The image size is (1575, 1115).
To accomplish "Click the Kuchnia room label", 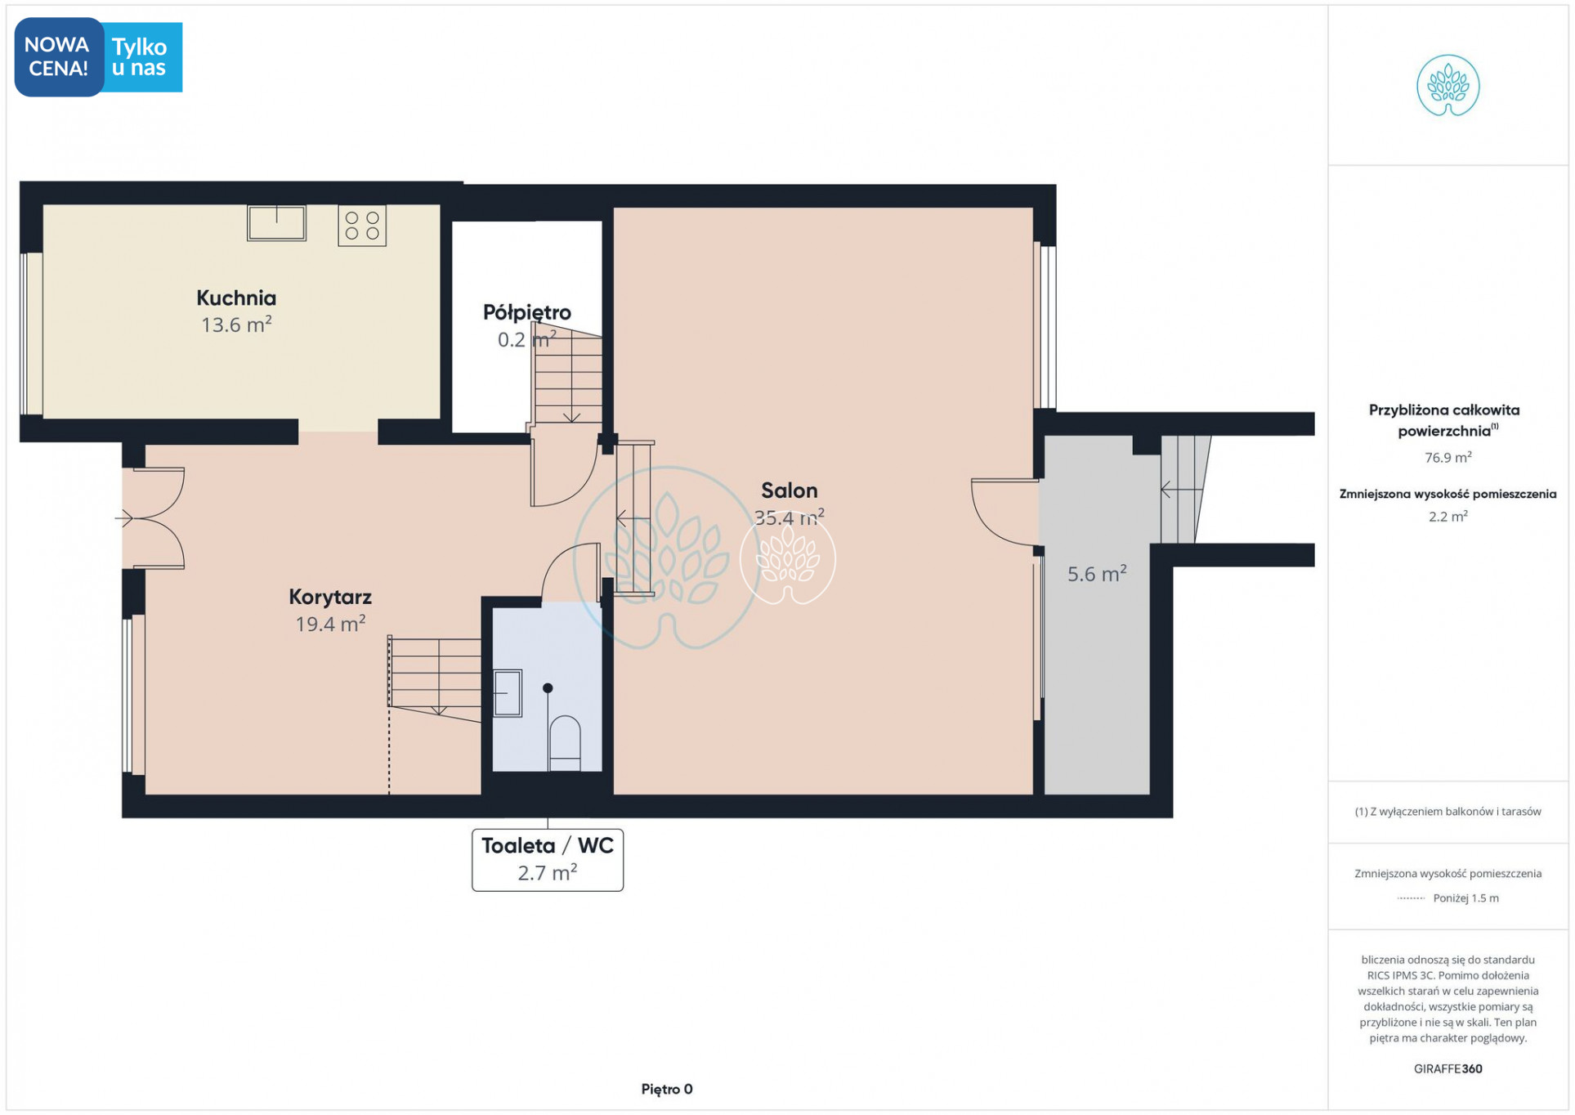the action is click(x=236, y=298).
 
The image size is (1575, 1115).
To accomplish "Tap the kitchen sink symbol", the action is click(x=276, y=222).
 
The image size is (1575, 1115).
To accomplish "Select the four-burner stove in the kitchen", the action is click(x=362, y=226).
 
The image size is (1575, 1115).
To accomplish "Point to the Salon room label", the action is click(x=789, y=490).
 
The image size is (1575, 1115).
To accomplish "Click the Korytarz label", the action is click(x=330, y=597).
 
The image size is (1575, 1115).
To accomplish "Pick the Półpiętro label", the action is click(x=527, y=312).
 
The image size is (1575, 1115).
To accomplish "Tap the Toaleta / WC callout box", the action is click(x=548, y=860).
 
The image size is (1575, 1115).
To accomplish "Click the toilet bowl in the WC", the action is click(x=565, y=743).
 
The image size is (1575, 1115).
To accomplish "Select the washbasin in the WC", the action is click(x=508, y=693).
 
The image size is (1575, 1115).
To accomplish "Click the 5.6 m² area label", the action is click(x=1097, y=573).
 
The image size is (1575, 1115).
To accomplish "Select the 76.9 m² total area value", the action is click(x=1447, y=458).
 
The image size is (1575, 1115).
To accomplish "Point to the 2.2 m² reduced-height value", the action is click(x=1447, y=517).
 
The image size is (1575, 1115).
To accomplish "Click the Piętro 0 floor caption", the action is click(x=667, y=1089).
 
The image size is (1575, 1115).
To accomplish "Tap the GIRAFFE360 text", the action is click(x=1447, y=1068).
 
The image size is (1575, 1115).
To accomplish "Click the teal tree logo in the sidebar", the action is click(x=1447, y=86).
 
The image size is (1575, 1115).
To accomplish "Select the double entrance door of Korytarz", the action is click(x=153, y=518).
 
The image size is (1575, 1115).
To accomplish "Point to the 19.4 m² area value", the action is click(x=330, y=624).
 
